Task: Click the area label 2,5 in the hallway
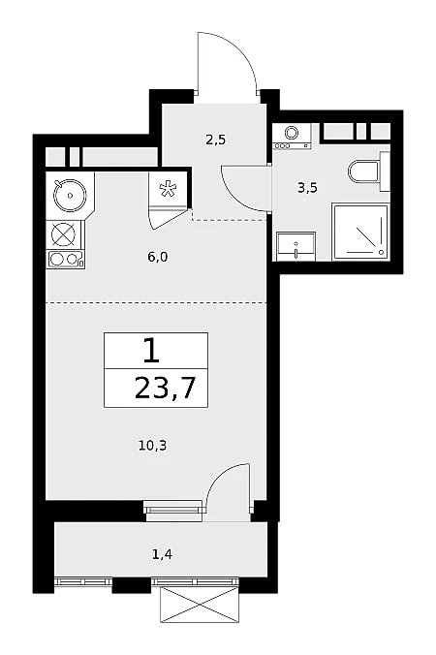[215, 140]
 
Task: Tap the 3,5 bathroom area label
[307, 188]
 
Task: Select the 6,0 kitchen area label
[157, 257]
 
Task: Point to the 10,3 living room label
[153, 446]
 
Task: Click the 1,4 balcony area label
[163, 555]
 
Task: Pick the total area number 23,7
[166, 390]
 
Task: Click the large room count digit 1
[151, 351]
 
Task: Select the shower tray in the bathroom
[360, 232]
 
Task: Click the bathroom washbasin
[296, 246]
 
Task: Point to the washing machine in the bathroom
[292, 137]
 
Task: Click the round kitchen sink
[70, 195]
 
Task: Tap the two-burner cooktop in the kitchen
[67, 260]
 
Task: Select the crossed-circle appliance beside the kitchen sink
[64, 234]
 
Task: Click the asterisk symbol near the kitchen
[167, 189]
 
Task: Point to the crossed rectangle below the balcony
[199, 605]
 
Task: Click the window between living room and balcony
[173, 510]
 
